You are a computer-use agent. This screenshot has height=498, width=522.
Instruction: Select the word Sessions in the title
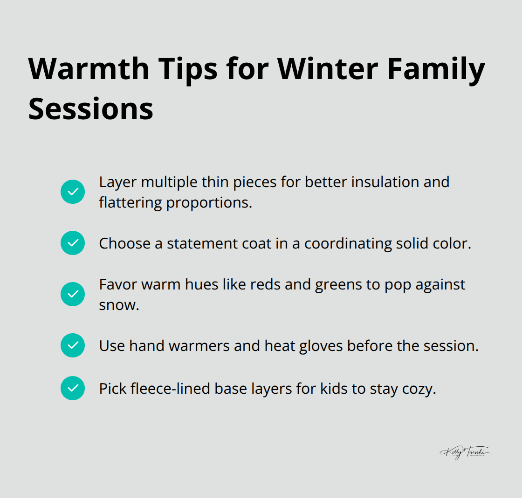click(x=91, y=108)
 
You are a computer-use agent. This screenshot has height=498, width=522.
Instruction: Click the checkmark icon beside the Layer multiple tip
click(x=73, y=192)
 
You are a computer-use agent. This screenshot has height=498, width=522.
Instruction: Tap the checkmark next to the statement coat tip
click(x=73, y=243)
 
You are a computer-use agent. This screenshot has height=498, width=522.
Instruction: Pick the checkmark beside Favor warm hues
click(x=73, y=294)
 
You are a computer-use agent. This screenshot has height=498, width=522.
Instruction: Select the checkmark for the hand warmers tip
click(x=73, y=345)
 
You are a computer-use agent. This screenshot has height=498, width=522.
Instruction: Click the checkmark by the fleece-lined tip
click(x=73, y=388)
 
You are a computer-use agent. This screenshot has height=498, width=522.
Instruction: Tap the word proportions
click(x=209, y=203)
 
